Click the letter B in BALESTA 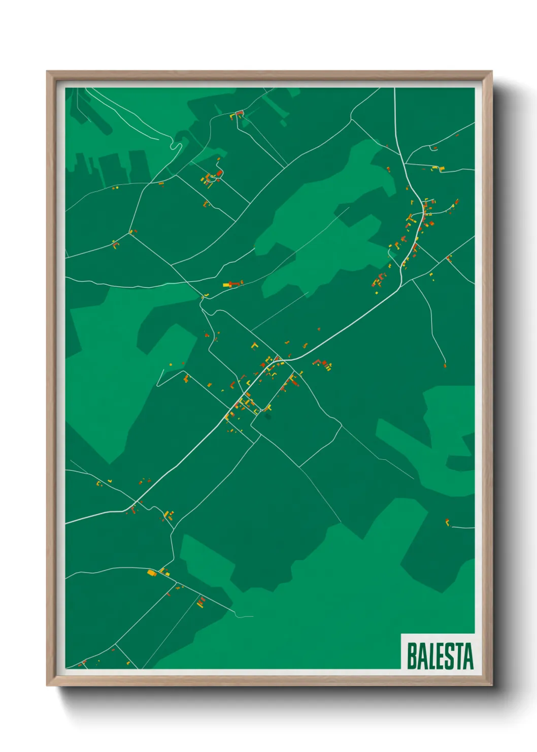click(x=412, y=656)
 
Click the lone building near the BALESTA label click(x=447, y=522)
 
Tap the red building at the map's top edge click(x=239, y=113)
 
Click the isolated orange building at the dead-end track click(x=445, y=364)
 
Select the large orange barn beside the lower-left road click(x=151, y=573)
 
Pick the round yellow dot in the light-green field click(x=171, y=364)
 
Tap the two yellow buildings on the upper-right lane click(x=438, y=168)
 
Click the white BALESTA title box click(x=438, y=651)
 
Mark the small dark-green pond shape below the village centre click(x=267, y=416)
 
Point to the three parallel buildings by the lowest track click(x=200, y=602)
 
